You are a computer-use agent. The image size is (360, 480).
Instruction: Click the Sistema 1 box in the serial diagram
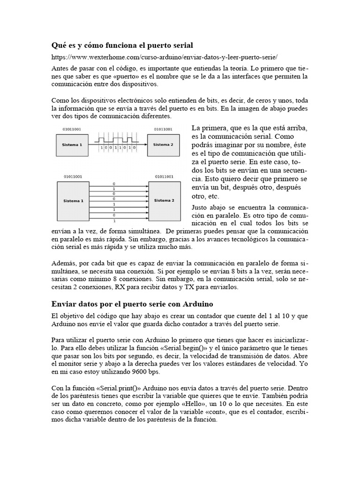(73, 145)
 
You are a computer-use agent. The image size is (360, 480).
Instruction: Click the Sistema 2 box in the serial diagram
(164, 145)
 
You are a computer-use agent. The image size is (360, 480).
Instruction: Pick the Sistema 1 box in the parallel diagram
(73, 201)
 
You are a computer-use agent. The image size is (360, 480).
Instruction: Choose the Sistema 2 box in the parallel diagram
(164, 201)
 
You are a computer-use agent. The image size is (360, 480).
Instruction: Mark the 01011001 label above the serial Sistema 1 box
(72, 129)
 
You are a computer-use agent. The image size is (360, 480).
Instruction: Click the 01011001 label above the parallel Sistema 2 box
(163, 177)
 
